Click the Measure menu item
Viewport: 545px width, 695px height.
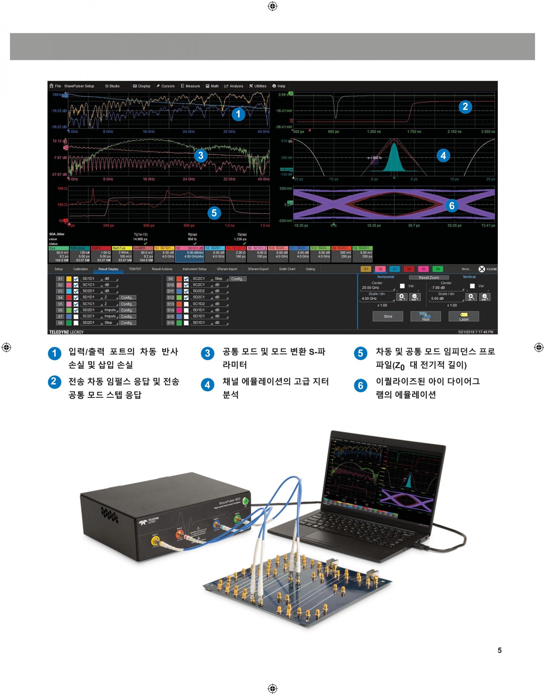point(190,86)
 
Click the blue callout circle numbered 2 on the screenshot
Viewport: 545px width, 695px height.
point(465,106)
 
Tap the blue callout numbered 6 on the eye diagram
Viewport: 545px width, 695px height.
point(452,206)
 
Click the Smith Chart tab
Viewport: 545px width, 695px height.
point(287,269)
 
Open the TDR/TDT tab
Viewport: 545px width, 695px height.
point(135,269)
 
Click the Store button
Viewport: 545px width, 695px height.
point(388,316)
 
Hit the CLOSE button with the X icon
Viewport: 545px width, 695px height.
point(488,269)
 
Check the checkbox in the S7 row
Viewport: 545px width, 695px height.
point(76,317)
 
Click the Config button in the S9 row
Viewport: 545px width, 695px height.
point(238,279)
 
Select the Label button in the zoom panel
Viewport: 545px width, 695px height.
point(464,316)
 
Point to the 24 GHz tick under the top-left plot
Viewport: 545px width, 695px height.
point(189,131)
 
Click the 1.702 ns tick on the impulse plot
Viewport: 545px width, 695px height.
point(414,131)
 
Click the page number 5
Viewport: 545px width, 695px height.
point(499,650)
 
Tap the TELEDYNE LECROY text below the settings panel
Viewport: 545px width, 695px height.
point(66,332)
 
